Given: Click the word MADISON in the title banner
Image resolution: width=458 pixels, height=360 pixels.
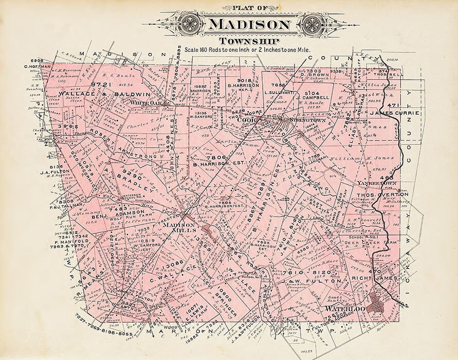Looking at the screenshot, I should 249,24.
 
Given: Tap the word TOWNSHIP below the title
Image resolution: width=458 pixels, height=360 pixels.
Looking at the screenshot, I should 249,41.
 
